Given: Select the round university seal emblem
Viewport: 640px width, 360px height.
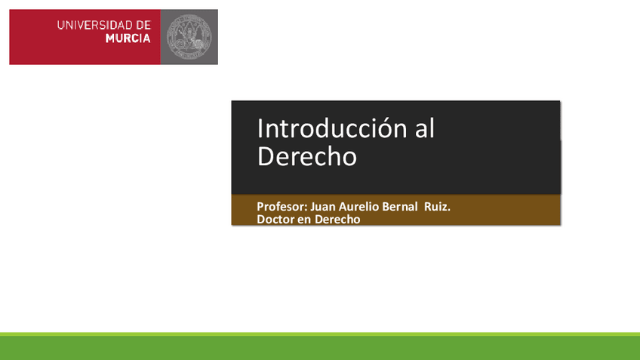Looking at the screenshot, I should click(x=189, y=36).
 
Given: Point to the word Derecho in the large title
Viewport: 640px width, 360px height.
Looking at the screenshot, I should click(x=306, y=156).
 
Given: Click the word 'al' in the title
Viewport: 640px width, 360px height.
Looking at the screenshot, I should click(x=425, y=129).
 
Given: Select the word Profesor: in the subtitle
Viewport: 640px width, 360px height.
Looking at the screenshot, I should click(x=282, y=206).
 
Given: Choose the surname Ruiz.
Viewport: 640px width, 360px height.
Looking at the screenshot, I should click(x=438, y=206).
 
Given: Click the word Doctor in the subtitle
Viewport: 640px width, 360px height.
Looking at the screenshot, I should click(x=275, y=220).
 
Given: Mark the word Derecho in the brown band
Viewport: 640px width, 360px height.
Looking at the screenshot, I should click(x=337, y=220).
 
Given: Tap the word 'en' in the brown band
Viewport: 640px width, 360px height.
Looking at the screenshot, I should click(x=303, y=220).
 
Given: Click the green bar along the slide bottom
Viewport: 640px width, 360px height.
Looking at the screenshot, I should click(x=320, y=346).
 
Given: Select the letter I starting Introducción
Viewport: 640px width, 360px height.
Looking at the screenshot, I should click(x=260, y=129).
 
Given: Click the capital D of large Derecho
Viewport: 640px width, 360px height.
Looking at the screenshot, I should click(x=266, y=156).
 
